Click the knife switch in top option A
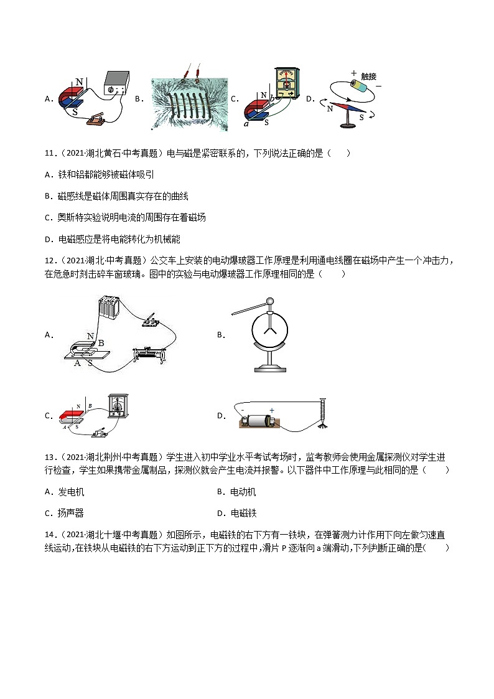96,120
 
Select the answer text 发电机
71,492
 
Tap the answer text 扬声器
71,514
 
